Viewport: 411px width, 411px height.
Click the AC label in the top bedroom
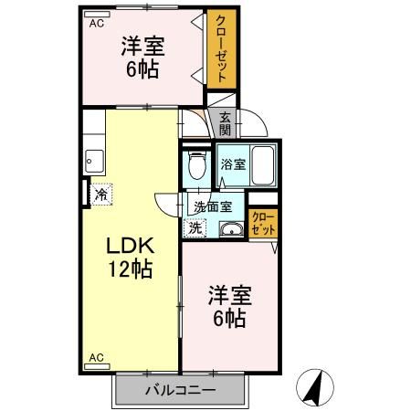point(96,24)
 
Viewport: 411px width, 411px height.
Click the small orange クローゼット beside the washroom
point(262,223)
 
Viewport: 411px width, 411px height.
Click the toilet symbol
point(194,166)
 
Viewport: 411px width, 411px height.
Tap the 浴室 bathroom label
point(232,164)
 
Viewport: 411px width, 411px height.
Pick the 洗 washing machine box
point(194,227)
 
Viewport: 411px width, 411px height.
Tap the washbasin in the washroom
point(232,228)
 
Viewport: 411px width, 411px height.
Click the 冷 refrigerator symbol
point(101,193)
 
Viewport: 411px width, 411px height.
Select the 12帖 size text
point(129,269)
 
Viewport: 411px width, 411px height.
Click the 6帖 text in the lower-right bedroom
point(228,318)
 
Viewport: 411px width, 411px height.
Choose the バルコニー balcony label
point(180,391)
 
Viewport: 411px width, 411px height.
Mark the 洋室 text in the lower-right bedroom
point(228,294)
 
